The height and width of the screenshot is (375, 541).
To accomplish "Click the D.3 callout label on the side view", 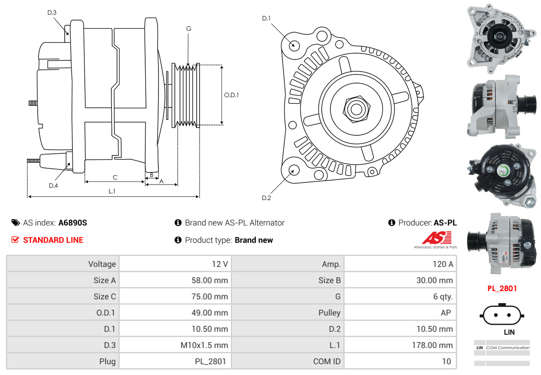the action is pyautogui.click(x=52, y=12).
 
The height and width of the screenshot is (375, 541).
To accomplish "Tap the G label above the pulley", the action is pyautogui.click(x=188, y=29).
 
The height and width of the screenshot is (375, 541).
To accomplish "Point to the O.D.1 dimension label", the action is pyautogui.click(x=231, y=95).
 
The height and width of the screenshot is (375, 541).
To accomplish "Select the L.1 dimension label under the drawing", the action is pyautogui.click(x=112, y=191).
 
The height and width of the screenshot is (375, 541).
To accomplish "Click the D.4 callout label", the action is pyautogui.click(x=54, y=185).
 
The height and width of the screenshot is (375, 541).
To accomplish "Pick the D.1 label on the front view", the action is pyautogui.click(x=266, y=18).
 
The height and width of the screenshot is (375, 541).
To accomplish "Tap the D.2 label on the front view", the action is pyautogui.click(x=266, y=198).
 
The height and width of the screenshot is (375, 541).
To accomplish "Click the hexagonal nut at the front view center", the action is pyautogui.click(x=356, y=109).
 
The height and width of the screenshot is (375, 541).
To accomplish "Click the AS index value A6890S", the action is pyautogui.click(x=73, y=223).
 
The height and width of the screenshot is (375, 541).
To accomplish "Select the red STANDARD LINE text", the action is pyautogui.click(x=53, y=240).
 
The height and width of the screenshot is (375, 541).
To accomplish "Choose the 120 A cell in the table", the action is pyautogui.click(x=443, y=264).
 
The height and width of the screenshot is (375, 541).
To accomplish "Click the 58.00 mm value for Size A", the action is pyautogui.click(x=209, y=280).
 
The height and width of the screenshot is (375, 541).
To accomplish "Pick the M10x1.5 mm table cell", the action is pyautogui.click(x=204, y=345).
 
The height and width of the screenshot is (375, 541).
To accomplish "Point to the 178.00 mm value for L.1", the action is pyautogui.click(x=432, y=345).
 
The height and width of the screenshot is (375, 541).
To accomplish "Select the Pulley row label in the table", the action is pyautogui.click(x=329, y=313).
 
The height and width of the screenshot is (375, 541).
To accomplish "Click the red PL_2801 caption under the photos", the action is pyautogui.click(x=502, y=289).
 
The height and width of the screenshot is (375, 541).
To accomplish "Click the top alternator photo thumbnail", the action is pyautogui.click(x=502, y=38).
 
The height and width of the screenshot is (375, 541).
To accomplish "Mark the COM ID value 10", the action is pyautogui.click(x=447, y=361).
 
